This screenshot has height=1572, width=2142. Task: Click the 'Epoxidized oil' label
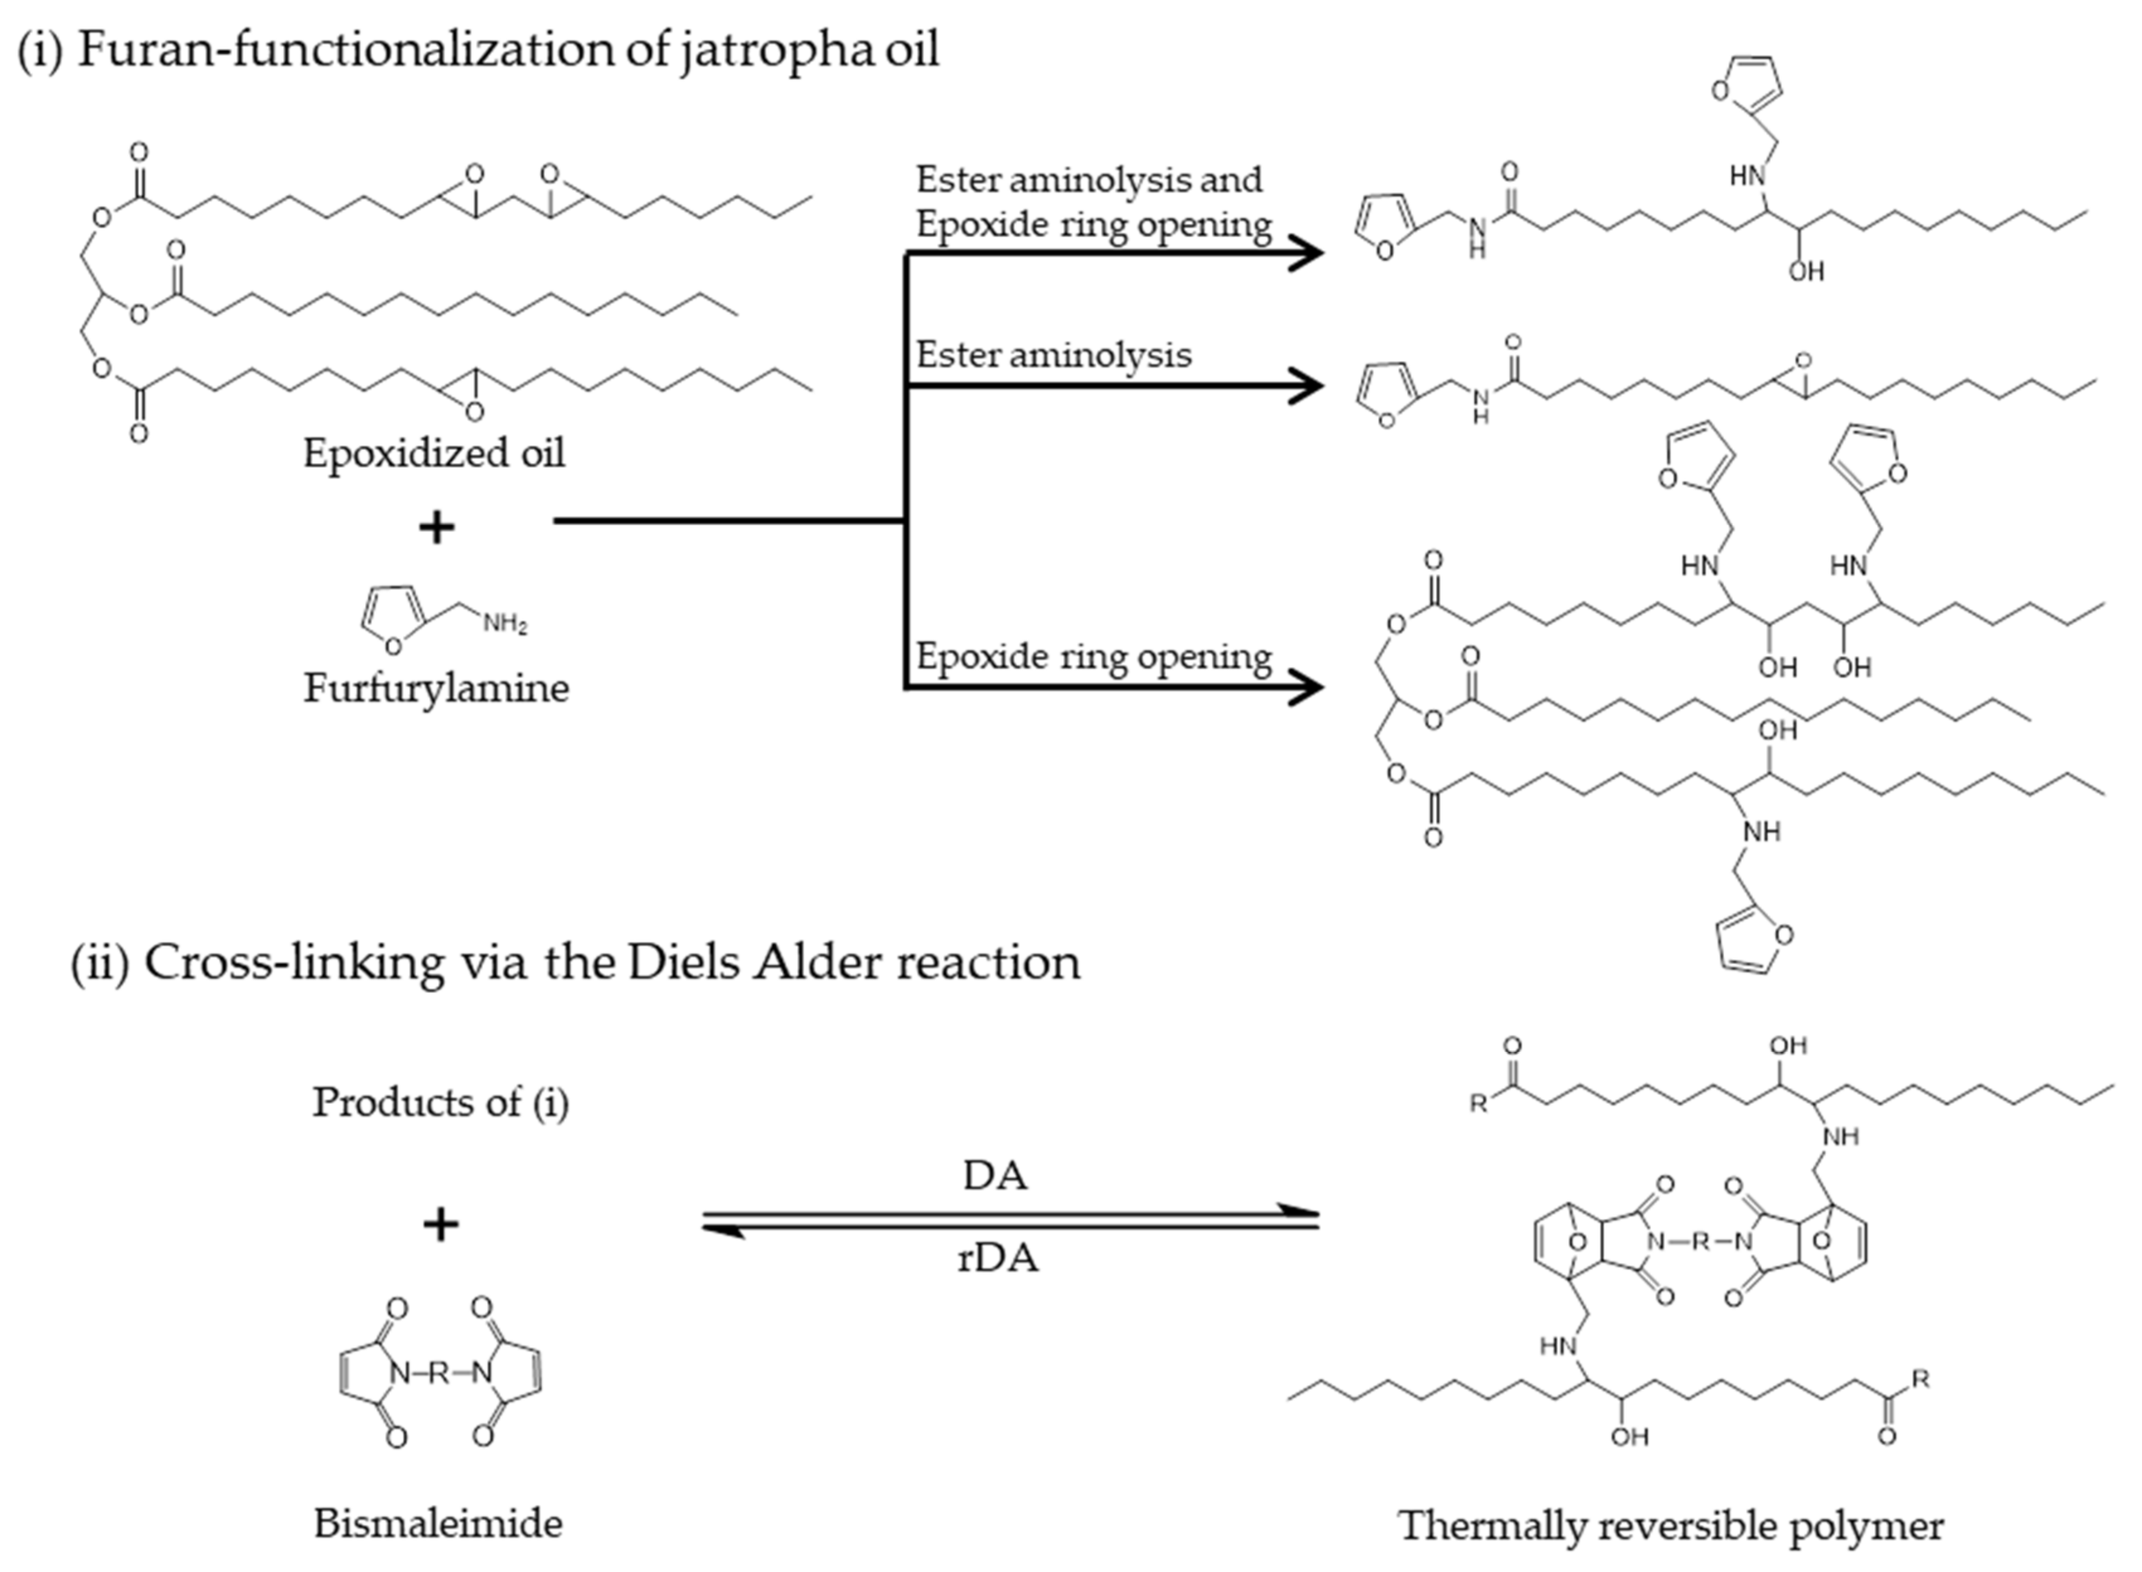click(434, 453)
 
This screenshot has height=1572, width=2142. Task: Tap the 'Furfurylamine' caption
click(436, 688)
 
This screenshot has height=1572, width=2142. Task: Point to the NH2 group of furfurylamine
click(505, 624)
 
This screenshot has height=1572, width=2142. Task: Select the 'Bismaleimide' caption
click(438, 1524)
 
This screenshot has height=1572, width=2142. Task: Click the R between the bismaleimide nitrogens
click(438, 1373)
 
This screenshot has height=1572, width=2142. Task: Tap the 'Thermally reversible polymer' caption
click(1670, 1525)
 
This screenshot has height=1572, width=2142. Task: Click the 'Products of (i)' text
click(440, 1102)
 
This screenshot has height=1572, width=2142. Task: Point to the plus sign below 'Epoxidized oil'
click(437, 527)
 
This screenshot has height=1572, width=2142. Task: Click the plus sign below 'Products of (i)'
click(440, 1225)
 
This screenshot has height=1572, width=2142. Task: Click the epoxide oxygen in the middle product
click(1801, 362)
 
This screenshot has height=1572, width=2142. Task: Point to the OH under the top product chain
click(1805, 272)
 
